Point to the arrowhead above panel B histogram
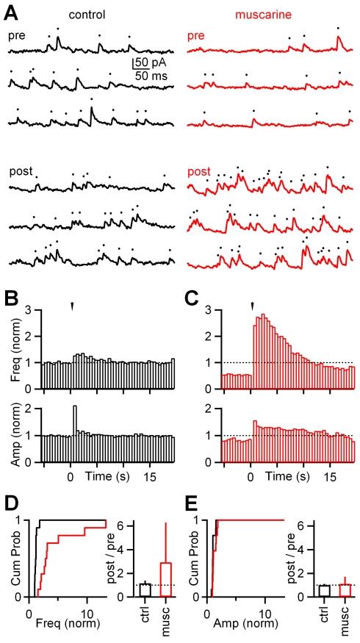click(71, 306)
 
